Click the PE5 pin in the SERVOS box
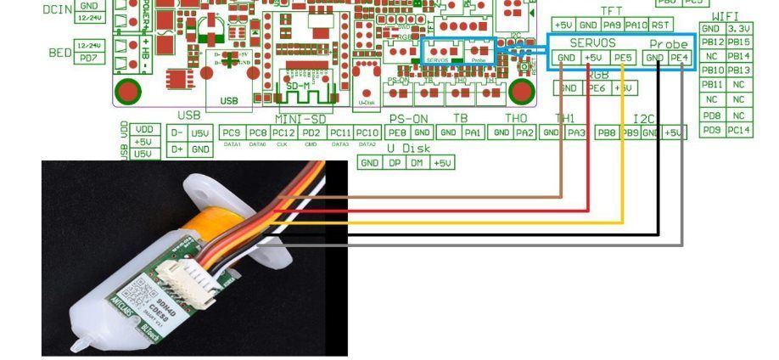click(623, 58)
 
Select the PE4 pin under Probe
click(679, 58)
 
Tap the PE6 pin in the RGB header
click(597, 88)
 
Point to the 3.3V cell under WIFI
click(739, 29)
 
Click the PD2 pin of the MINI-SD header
click(311, 132)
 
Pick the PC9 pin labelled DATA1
click(231, 132)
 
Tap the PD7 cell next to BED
click(87, 58)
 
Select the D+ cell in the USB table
click(177, 149)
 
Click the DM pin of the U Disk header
click(417, 162)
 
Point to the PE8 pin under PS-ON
click(396, 132)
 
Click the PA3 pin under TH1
click(575, 132)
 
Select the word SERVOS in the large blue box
click(593, 42)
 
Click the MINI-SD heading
click(301, 119)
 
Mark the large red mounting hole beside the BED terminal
click(128, 90)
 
